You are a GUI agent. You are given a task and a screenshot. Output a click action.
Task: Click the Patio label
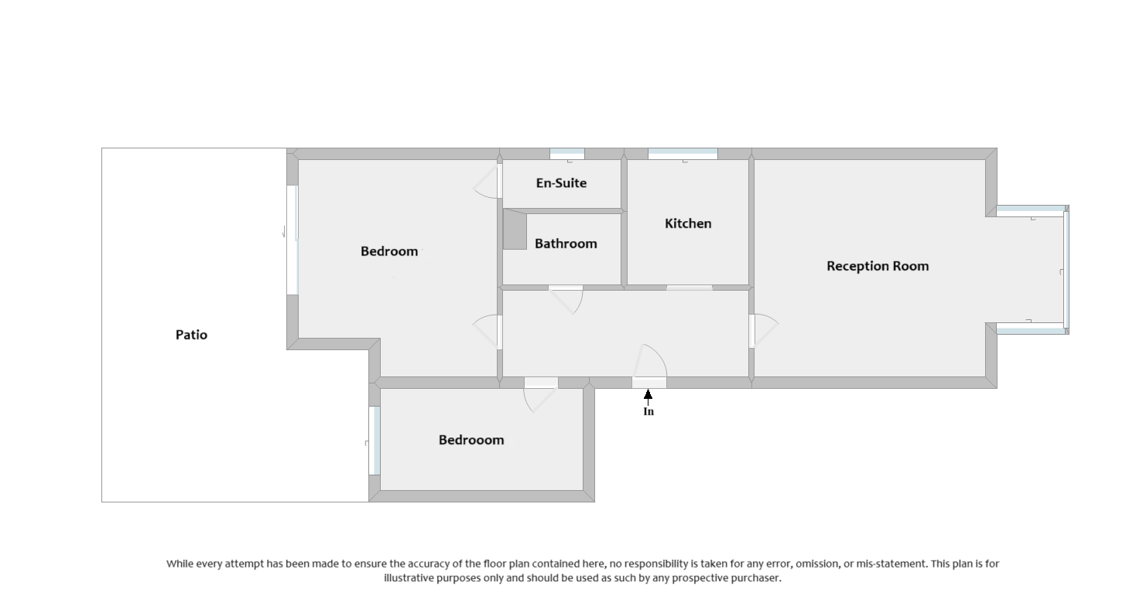pos(191,335)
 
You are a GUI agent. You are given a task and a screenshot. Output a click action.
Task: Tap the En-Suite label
pos(561,183)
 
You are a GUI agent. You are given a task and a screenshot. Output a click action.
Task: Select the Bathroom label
pos(566,244)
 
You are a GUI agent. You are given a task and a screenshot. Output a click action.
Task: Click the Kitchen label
pos(688,223)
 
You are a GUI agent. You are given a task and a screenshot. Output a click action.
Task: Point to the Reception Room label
pos(878,266)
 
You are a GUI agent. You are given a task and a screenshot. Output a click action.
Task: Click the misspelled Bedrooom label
pos(471,440)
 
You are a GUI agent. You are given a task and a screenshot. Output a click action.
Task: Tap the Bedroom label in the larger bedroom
pos(389,251)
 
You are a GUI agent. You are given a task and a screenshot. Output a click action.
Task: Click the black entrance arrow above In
pos(648,396)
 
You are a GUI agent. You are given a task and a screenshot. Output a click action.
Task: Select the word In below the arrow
pos(648,412)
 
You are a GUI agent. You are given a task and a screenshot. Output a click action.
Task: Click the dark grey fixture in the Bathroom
pos(515,230)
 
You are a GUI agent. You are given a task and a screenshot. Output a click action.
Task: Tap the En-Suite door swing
pos(488,182)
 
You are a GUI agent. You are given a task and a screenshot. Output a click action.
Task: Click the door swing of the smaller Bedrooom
pos(539,397)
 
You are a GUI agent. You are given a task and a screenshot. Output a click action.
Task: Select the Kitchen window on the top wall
pos(683,154)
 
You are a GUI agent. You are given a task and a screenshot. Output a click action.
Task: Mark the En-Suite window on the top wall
pos(567,154)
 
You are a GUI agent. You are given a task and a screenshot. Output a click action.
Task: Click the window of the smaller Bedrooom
pos(376,441)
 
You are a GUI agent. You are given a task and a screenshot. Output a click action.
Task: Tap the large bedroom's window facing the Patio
pos(293,240)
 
